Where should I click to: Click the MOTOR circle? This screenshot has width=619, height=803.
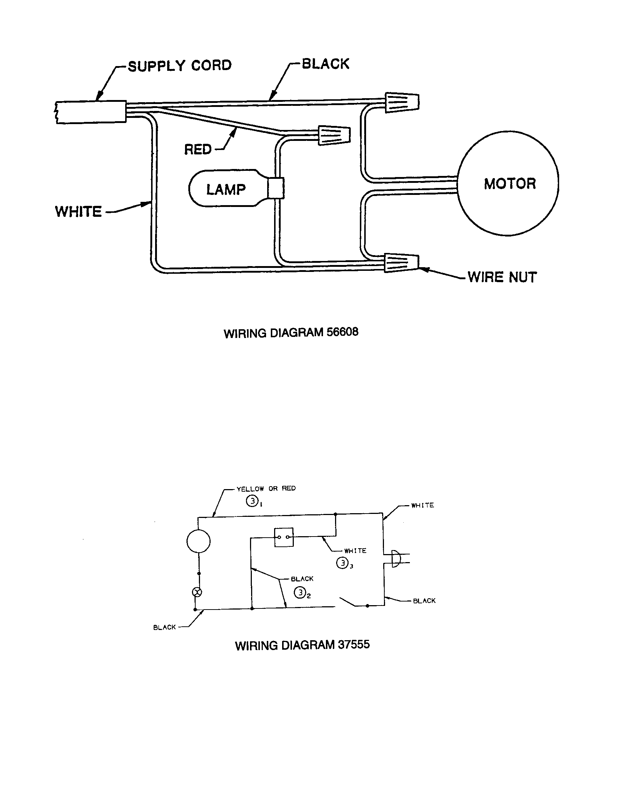(x=508, y=183)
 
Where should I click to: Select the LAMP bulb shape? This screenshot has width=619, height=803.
(x=226, y=189)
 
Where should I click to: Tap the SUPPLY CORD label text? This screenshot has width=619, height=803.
(x=179, y=65)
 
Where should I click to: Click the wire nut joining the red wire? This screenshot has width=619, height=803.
(x=334, y=135)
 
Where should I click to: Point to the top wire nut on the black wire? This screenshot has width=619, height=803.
(x=401, y=102)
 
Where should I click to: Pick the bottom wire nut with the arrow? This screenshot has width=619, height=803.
(x=401, y=262)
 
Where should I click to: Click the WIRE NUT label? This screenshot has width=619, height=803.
(x=502, y=277)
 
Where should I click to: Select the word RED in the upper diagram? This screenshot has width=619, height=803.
(x=198, y=149)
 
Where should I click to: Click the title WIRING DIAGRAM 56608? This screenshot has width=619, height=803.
(x=291, y=333)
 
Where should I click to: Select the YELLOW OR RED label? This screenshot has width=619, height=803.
(x=266, y=489)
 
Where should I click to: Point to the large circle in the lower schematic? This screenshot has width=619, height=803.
(x=199, y=541)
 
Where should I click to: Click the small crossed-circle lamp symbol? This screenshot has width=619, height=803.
(x=197, y=592)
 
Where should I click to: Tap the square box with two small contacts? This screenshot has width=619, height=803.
(x=284, y=537)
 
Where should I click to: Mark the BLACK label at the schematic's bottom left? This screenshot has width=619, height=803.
(x=164, y=627)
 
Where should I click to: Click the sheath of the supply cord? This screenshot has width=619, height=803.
(x=91, y=112)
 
